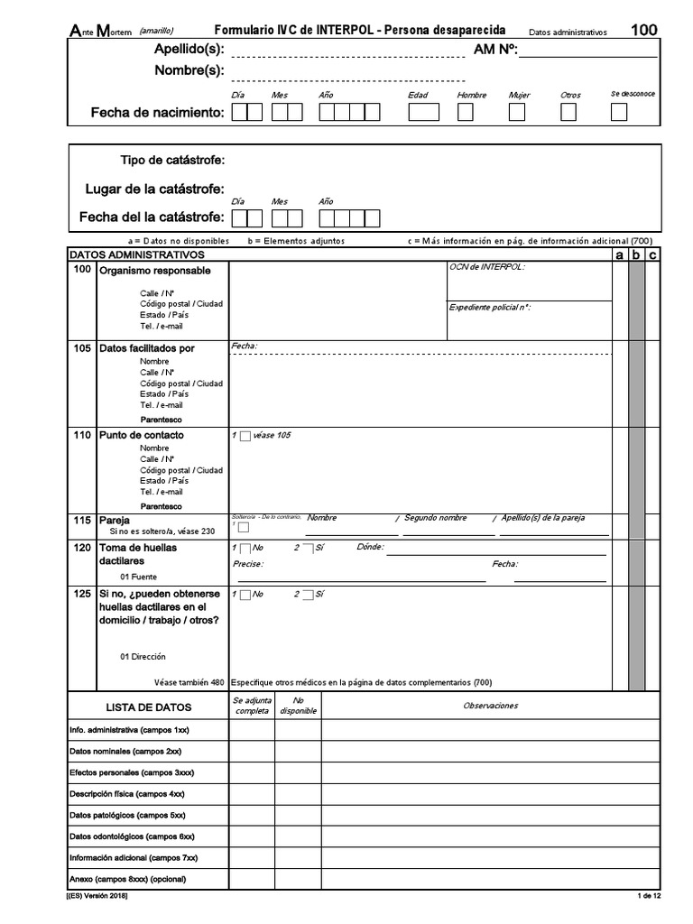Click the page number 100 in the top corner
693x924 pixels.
pyautogui.click(x=643, y=30)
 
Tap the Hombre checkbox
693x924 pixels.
pyautogui.click(x=466, y=113)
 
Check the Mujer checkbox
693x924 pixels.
pyautogui.click(x=517, y=113)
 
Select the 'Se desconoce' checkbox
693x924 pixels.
pyautogui.click(x=619, y=113)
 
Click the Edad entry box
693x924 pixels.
pyautogui.click(x=423, y=113)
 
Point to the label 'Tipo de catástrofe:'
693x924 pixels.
pyautogui.click(x=172, y=161)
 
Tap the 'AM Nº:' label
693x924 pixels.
pyautogui.click(x=494, y=50)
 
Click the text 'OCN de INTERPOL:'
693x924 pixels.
pyautogui.click(x=486, y=267)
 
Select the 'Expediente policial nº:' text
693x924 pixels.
pyautogui.click(x=490, y=308)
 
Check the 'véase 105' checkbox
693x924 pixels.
pyautogui.click(x=245, y=437)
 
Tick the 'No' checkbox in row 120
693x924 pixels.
pyautogui.click(x=245, y=549)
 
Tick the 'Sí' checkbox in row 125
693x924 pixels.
pyautogui.click(x=308, y=595)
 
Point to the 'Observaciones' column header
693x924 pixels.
pyautogui.click(x=491, y=706)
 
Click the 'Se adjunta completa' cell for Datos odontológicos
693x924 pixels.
pyautogui.click(x=252, y=837)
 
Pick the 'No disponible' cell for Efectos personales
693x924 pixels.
pyautogui.click(x=298, y=772)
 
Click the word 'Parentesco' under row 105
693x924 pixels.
pyautogui.click(x=162, y=420)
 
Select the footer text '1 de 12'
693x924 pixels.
pyautogui.click(x=650, y=895)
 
